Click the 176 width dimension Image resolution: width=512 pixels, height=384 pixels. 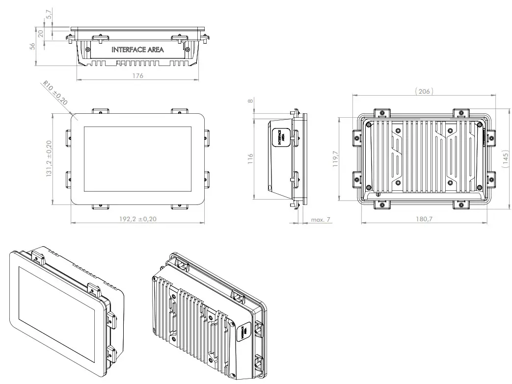(x=137, y=76)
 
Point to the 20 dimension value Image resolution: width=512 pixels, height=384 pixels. (x=41, y=33)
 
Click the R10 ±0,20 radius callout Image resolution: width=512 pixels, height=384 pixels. (x=54, y=94)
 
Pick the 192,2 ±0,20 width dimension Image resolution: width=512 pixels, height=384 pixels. (x=137, y=219)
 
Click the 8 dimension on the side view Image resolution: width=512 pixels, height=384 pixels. (x=251, y=102)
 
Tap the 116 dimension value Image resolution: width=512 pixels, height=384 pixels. (x=250, y=158)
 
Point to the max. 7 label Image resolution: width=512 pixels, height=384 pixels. (x=321, y=220)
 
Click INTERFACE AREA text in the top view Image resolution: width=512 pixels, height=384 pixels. (x=137, y=50)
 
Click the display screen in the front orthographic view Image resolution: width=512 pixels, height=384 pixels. (x=137, y=158)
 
